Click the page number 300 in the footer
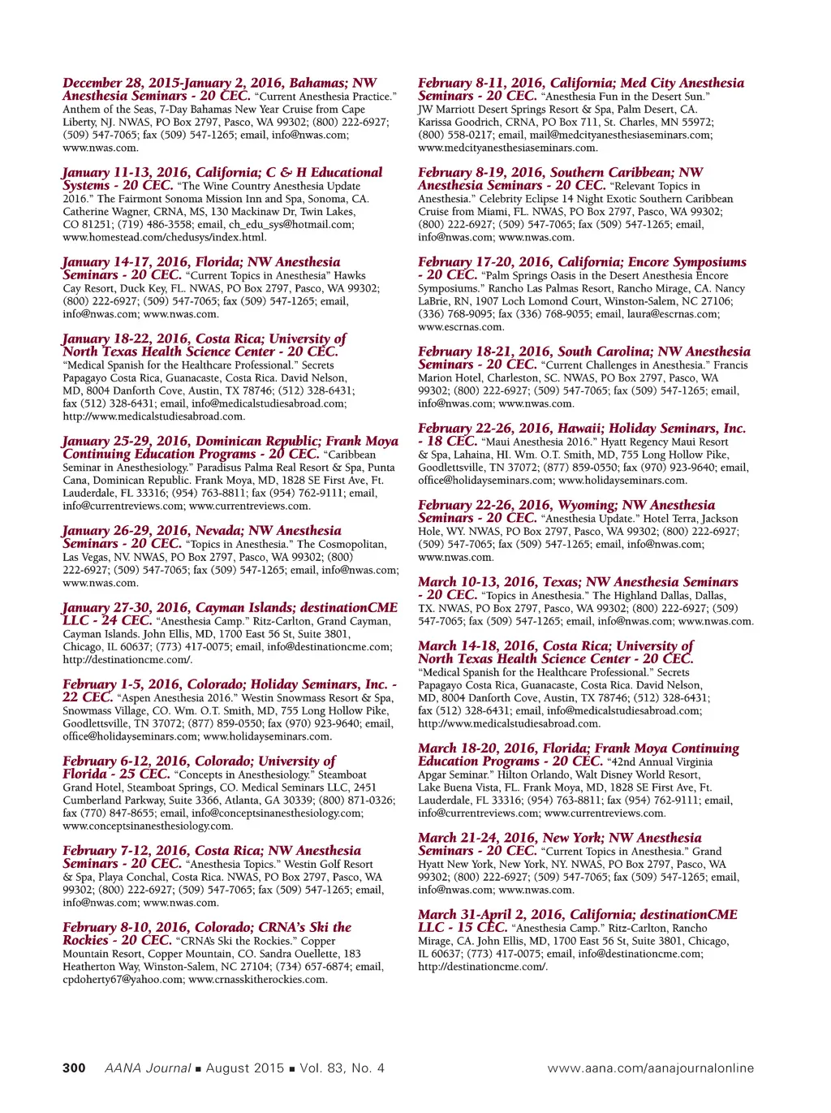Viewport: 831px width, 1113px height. tap(74, 1068)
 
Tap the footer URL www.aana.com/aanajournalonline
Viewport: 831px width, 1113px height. tap(650, 1068)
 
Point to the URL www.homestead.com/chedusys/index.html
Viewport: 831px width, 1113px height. tap(164, 237)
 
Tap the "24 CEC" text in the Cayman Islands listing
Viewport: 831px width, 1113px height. tap(126, 621)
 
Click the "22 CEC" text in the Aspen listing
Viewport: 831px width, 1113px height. tap(88, 697)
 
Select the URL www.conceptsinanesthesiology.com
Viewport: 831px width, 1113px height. tap(147, 826)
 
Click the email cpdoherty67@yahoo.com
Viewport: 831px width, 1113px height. tap(123, 979)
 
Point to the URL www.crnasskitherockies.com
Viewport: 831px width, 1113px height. tap(258, 979)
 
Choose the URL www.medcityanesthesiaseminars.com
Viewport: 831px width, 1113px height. tap(507, 148)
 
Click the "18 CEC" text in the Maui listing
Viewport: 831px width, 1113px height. tap(451, 442)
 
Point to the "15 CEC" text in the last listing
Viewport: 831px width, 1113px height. tap(482, 928)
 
